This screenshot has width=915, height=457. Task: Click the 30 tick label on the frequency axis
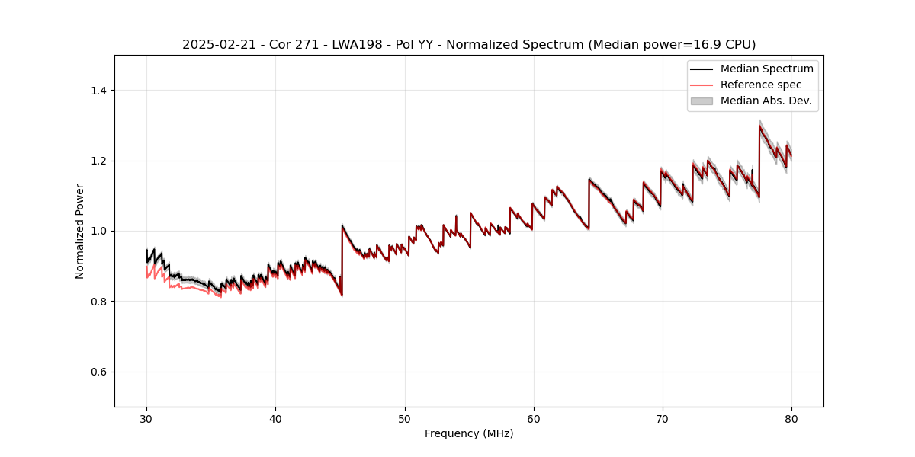point(146,418)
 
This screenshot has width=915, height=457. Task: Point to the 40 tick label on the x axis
point(275,418)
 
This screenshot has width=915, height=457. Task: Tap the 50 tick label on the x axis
point(405,418)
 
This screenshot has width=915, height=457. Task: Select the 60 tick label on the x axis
point(534,418)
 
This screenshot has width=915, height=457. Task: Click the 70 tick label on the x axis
point(663,418)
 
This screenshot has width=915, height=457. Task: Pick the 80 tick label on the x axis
point(791,418)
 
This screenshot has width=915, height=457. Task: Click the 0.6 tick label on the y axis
point(98,372)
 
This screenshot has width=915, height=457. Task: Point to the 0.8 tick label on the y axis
point(98,302)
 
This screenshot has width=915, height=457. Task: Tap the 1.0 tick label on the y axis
point(98,231)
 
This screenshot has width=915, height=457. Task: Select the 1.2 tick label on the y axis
point(98,161)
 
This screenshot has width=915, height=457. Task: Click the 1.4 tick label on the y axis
point(98,91)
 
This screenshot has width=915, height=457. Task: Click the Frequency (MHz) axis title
point(469,433)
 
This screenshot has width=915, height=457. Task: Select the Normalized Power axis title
point(80,231)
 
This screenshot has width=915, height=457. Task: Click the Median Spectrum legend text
point(766,69)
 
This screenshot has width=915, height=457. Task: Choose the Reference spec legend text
point(760,85)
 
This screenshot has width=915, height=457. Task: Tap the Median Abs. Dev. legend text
point(766,101)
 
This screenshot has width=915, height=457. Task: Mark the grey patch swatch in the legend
point(701,101)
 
